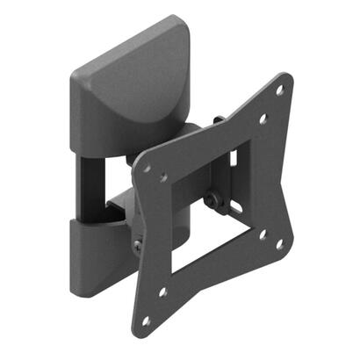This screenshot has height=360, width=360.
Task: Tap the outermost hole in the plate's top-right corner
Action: [279, 90]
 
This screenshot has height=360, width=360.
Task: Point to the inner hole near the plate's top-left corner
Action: [163, 177]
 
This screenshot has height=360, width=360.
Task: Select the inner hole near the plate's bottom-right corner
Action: [263, 234]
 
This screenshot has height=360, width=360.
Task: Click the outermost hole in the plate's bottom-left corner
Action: [146, 321]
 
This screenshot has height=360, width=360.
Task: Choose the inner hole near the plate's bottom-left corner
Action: [162, 292]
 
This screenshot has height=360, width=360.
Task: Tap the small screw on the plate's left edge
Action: [138, 246]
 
